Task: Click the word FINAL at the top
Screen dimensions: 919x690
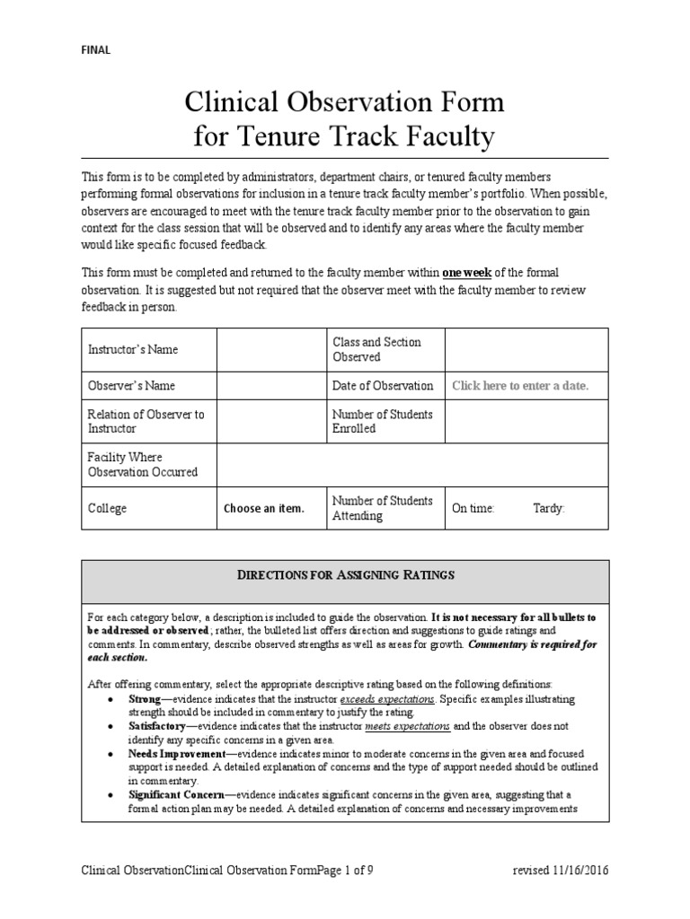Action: tap(95, 50)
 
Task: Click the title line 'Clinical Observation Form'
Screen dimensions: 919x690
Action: tap(344, 103)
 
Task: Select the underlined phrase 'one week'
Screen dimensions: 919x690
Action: tap(466, 272)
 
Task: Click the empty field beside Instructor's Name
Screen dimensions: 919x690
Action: tap(270, 349)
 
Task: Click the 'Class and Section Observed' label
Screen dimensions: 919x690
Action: tap(376, 349)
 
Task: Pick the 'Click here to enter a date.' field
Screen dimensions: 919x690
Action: tap(520, 386)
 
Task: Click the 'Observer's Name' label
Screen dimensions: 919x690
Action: tap(130, 386)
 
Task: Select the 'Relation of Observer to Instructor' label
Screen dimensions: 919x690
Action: tap(146, 421)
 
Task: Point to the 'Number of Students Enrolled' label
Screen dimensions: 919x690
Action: tap(382, 421)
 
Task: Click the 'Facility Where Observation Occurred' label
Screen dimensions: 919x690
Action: tap(142, 465)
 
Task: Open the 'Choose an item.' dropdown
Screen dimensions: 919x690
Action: tap(264, 509)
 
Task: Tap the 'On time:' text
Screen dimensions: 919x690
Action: tap(473, 509)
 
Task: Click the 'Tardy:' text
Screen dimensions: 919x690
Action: tap(549, 509)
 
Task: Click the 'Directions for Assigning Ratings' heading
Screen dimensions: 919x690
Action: tap(345, 574)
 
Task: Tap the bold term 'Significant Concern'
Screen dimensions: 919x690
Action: tap(171, 795)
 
